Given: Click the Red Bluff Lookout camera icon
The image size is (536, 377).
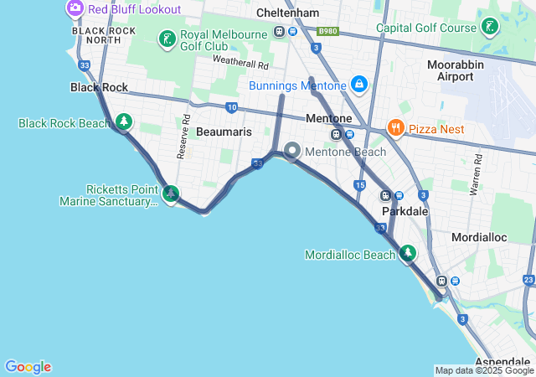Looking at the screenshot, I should coord(75,9).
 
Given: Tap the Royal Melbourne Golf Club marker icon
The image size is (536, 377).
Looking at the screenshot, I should coord(167,39).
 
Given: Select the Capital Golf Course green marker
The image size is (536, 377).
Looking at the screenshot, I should coord(489,27).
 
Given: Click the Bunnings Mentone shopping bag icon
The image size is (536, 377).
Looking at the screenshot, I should coord(358,85).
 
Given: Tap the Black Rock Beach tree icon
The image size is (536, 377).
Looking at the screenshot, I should coord(124,122).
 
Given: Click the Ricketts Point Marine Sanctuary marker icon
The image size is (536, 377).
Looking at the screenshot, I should coord(171,194).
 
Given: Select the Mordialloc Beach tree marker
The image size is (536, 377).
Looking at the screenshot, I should coord(408,253).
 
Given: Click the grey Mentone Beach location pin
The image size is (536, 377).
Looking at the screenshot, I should coord(292,151).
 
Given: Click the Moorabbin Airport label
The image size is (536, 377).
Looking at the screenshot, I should coord(455,70).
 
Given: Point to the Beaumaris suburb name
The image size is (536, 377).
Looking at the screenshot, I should coord(224,132).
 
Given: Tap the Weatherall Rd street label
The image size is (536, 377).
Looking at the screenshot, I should coord(240,63).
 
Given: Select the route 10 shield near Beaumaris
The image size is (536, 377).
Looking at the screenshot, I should coord(231,107).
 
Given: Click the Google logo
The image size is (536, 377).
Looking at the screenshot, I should coord(28,366).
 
